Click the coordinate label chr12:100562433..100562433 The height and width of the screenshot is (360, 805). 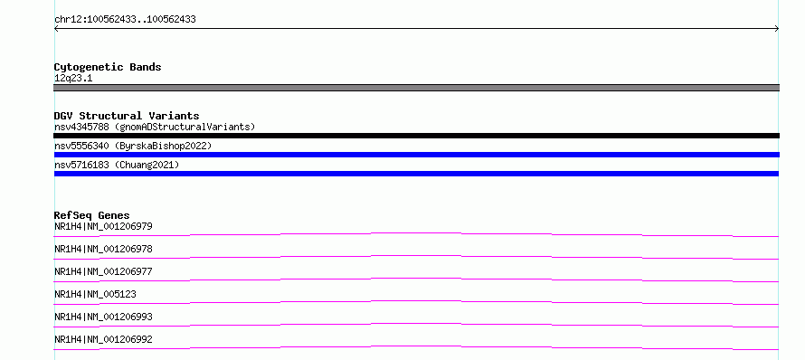[x=125, y=20]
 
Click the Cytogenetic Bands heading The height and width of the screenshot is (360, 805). [x=108, y=67]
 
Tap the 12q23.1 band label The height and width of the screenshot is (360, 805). [x=73, y=79]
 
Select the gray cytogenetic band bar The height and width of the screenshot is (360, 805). [x=416, y=88]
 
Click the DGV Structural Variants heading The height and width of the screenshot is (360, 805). [x=127, y=116]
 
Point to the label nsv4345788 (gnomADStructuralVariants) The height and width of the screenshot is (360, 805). [x=155, y=127]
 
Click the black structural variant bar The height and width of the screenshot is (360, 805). [x=416, y=136]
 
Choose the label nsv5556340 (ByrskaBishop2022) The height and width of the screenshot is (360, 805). [x=133, y=147]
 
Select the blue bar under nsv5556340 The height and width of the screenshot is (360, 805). [x=416, y=155]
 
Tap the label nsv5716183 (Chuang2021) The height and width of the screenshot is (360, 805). [x=117, y=166]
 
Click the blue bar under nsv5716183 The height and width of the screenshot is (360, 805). [x=416, y=174]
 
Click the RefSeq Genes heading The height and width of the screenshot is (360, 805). [x=92, y=215]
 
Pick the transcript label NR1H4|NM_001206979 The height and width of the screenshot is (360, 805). [x=103, y=226]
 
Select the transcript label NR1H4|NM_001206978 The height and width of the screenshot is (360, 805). [x=103, y=249]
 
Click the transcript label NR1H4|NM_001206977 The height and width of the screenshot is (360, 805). [x=103, y=271]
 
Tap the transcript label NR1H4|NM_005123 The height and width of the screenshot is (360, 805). [x=95, y=294]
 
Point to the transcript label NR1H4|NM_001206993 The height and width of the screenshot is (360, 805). [x=103, y=317]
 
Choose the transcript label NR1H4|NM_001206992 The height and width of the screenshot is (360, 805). [x=103, y=339]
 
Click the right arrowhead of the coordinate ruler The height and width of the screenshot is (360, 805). [x=778, y=29]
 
